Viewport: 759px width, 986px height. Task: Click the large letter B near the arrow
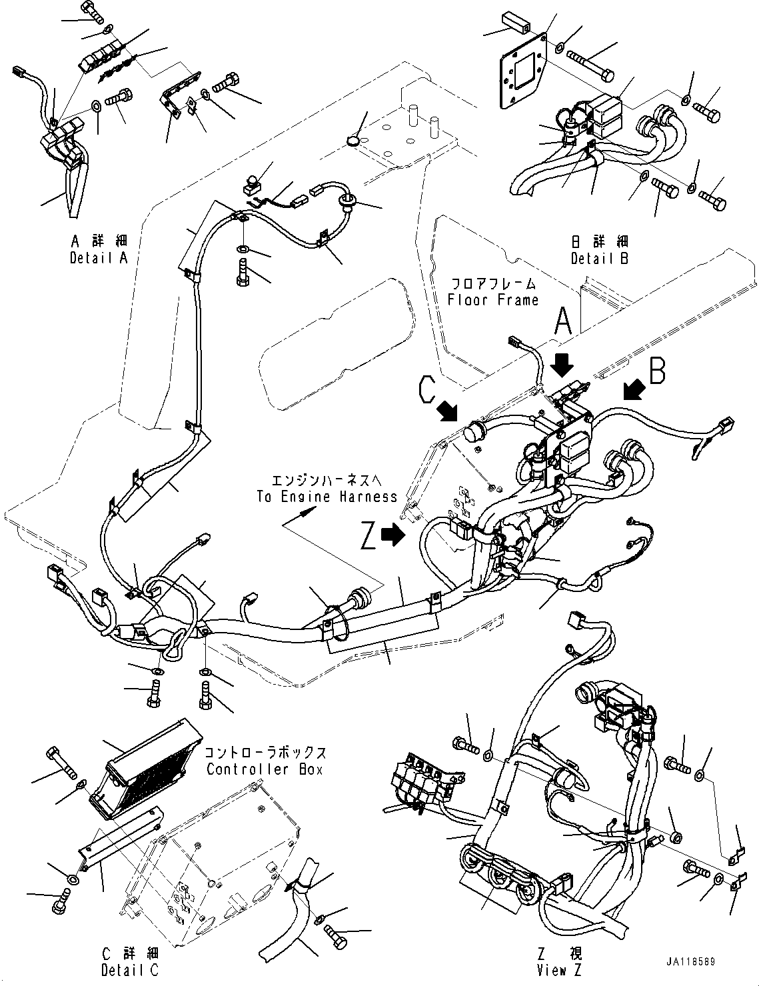coord(657,372)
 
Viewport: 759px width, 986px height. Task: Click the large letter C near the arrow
coord(428,390)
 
